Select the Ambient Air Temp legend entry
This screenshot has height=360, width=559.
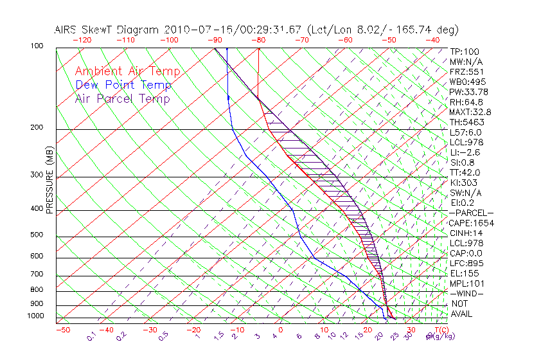[x=127, y=71]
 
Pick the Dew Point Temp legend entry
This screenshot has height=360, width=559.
[x=123, y=85]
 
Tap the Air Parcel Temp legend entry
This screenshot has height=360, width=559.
[x=122, y=98]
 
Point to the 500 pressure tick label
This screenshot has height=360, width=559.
[x=37, y=235]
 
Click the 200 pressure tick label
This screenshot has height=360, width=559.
[x=37, y=128]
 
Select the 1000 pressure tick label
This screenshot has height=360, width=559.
[x=35, y=316]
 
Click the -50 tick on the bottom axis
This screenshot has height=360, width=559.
[x=62, y=330]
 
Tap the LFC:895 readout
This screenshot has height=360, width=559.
[x=466, y=264]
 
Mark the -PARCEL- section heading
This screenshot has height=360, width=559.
[x=471, y=213]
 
